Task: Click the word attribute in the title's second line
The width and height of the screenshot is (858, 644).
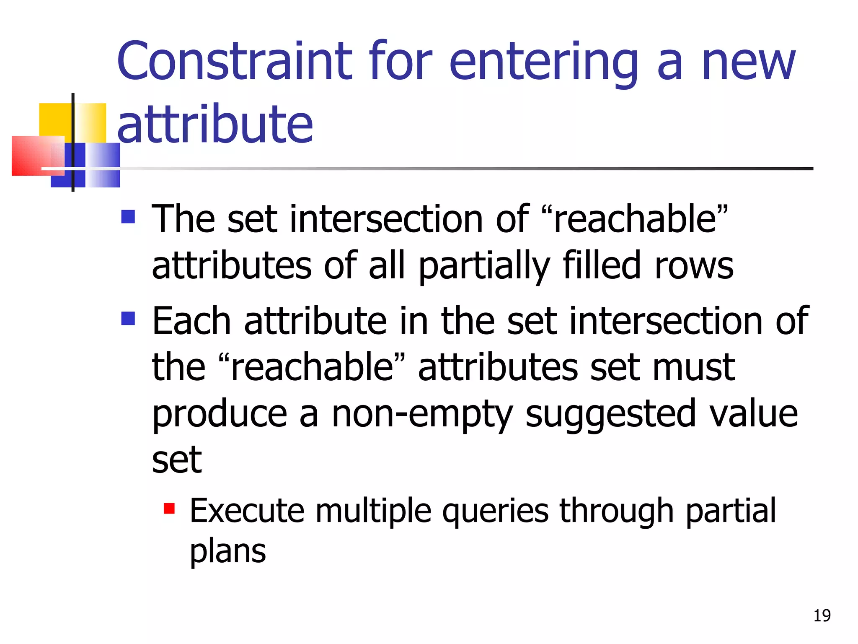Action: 215,124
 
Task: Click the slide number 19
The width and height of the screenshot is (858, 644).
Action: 822,615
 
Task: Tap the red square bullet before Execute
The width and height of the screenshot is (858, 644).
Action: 169,509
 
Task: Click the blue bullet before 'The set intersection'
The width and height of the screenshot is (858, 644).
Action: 128,217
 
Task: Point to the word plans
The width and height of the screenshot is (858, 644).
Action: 227,551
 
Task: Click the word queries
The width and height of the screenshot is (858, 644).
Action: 495,512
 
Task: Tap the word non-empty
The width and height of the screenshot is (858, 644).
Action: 422,414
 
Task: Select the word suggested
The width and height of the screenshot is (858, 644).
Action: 611,414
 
